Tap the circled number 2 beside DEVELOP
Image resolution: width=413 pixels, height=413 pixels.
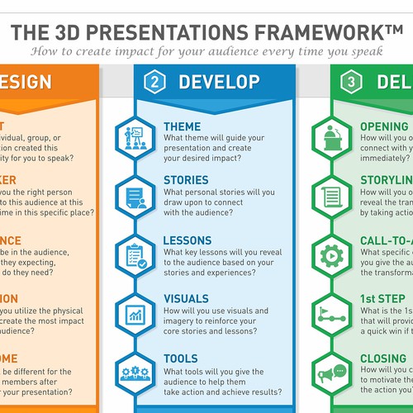tap(152, 82)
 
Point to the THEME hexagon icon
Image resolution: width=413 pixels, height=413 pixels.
tap(134, 137)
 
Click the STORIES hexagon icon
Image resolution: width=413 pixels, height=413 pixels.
tap(134, 196)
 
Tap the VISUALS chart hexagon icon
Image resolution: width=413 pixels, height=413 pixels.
tap(134, 313)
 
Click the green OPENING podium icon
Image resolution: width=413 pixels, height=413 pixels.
tap(331, 137)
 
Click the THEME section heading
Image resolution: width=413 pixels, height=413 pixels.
tap(182, 126)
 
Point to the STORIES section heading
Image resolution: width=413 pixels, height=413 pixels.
tap(186, 179)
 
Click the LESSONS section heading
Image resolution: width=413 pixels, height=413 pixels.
tap(188, 240)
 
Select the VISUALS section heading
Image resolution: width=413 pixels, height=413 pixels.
tap(187, 300)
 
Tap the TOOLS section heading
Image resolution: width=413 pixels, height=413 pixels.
tap(181, 358)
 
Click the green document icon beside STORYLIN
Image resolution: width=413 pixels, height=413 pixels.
tap(331, 196)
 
